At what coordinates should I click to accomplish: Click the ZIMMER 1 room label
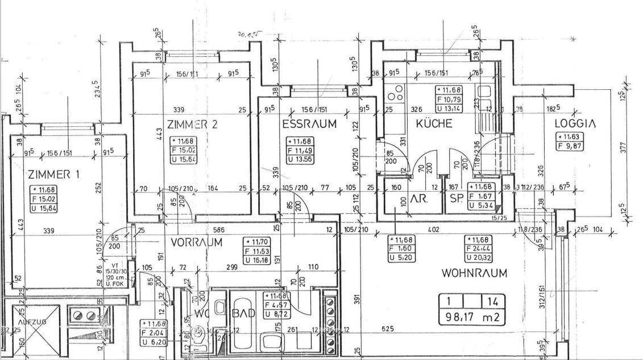53,174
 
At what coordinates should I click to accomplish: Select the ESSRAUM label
309,123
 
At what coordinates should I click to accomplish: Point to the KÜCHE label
434,123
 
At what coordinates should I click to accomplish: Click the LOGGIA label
575,123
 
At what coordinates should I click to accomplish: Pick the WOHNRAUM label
474,273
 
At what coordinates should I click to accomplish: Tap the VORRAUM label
196,242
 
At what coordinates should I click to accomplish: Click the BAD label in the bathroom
243,313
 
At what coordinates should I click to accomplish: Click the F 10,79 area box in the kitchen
449,99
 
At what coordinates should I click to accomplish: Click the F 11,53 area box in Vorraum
256,251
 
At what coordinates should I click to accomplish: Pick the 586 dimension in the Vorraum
218,230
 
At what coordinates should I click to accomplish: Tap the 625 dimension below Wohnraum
388,329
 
